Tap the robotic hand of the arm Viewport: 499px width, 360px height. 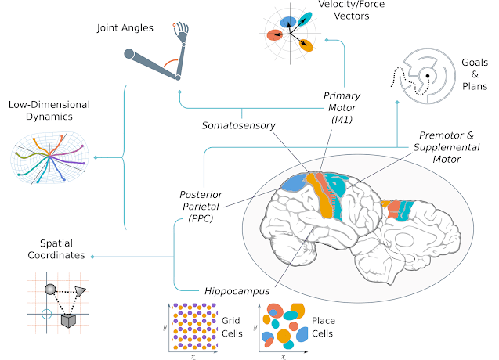pos(183,31)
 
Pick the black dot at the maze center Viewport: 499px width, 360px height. pos(428,76)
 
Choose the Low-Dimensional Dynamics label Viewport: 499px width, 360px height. pos(48,110)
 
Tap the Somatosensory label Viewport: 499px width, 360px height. pos(234,124)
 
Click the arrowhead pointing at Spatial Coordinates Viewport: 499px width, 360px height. pos(93,256)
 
